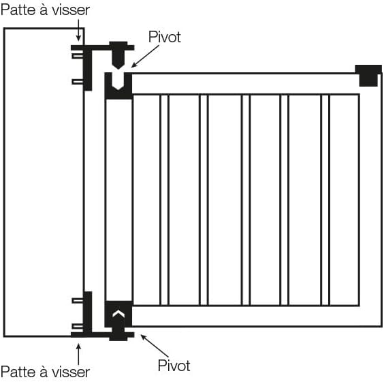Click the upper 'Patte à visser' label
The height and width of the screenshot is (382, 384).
(46, 10)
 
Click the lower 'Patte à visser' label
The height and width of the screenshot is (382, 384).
(46, 372)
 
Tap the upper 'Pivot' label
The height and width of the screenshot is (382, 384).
(165, 37)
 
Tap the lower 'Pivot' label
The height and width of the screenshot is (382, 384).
(174, 366)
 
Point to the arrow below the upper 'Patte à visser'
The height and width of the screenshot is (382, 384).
(78, 30)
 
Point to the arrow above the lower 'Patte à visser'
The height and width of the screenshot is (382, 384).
(78, 354)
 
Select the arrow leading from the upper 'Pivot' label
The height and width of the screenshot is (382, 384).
(145, 56)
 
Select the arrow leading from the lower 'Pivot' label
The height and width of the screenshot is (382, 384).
(155, 345)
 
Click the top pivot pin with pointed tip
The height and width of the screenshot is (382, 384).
(118, 55)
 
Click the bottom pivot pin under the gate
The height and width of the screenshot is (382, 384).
(118, 334)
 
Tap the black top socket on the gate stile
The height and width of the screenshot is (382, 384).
(118, 87)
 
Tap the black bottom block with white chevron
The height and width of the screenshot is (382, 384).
(118, 314)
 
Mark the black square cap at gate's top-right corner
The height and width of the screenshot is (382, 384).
(368, 75)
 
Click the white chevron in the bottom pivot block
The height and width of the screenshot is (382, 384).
(118, 314)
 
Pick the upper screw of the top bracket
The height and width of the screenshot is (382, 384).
(78, 56)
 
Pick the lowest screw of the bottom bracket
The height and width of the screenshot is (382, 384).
(78, 326)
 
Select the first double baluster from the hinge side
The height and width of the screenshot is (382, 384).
(164, 200)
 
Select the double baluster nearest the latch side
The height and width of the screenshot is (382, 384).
(325, 200)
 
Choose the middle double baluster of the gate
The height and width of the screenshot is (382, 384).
(246, 200)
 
